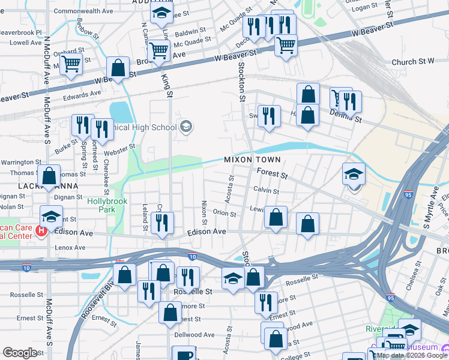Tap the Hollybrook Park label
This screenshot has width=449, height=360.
pos(107,206)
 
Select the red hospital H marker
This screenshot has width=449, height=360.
pos(41,230)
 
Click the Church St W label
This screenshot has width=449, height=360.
pos(412,61)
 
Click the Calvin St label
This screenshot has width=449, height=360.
pos(266,191)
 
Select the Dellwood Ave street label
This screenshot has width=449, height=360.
pos(194,335)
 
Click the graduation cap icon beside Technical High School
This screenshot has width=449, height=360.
pos(186,126)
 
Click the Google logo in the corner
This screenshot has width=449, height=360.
pos(20,353)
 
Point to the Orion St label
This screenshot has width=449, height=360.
pos(224,213)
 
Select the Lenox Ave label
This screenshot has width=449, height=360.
pos(70,247)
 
